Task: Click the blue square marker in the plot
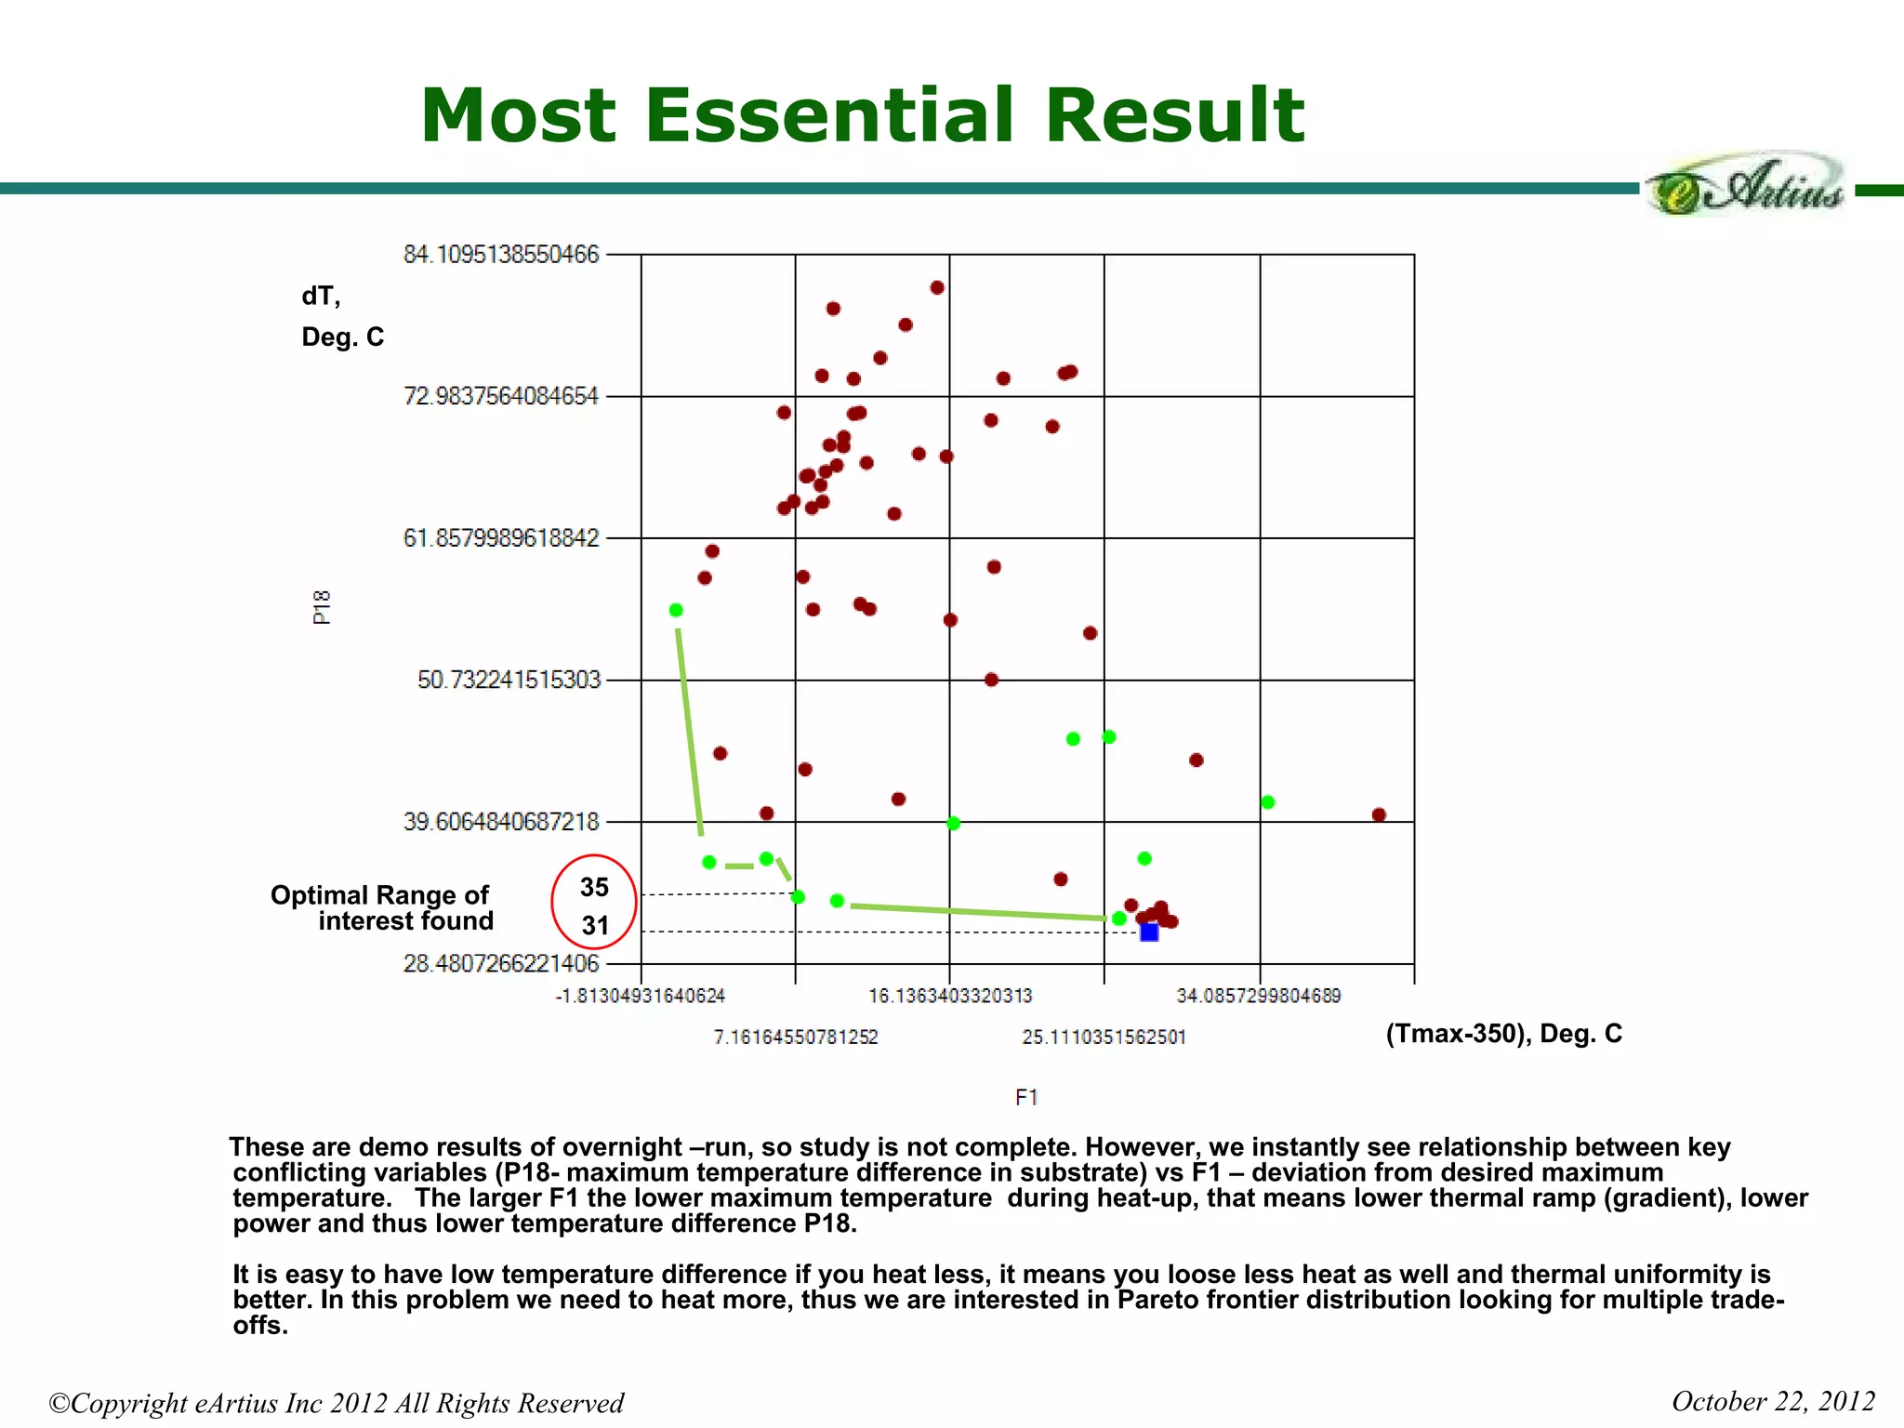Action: coord(1149,932)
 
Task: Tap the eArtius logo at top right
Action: coord(1746,187)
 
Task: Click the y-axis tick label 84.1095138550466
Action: coord(501,255)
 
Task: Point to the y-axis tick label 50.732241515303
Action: coord(509,680)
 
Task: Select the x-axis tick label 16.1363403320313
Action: coord(950,997)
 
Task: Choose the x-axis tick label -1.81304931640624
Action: coord(641,997)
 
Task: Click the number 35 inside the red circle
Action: coord(594,888)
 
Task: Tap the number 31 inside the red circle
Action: coord(595,926)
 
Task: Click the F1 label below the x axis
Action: coord(1026,1098)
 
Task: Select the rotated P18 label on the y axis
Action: coord(322,607)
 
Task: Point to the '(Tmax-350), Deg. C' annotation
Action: coord(1503,1034)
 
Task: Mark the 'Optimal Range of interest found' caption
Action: coord(381,908)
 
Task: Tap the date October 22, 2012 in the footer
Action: coord(1773,1401)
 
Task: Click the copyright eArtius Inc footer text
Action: coord(336,1403)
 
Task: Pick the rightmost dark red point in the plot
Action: coord(1379,815)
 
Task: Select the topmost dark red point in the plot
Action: coord(937,288)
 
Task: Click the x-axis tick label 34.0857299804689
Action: coord(1259,997)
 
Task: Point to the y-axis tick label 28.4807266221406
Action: coord(501,963)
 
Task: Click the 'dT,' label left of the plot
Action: coord(321,296)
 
